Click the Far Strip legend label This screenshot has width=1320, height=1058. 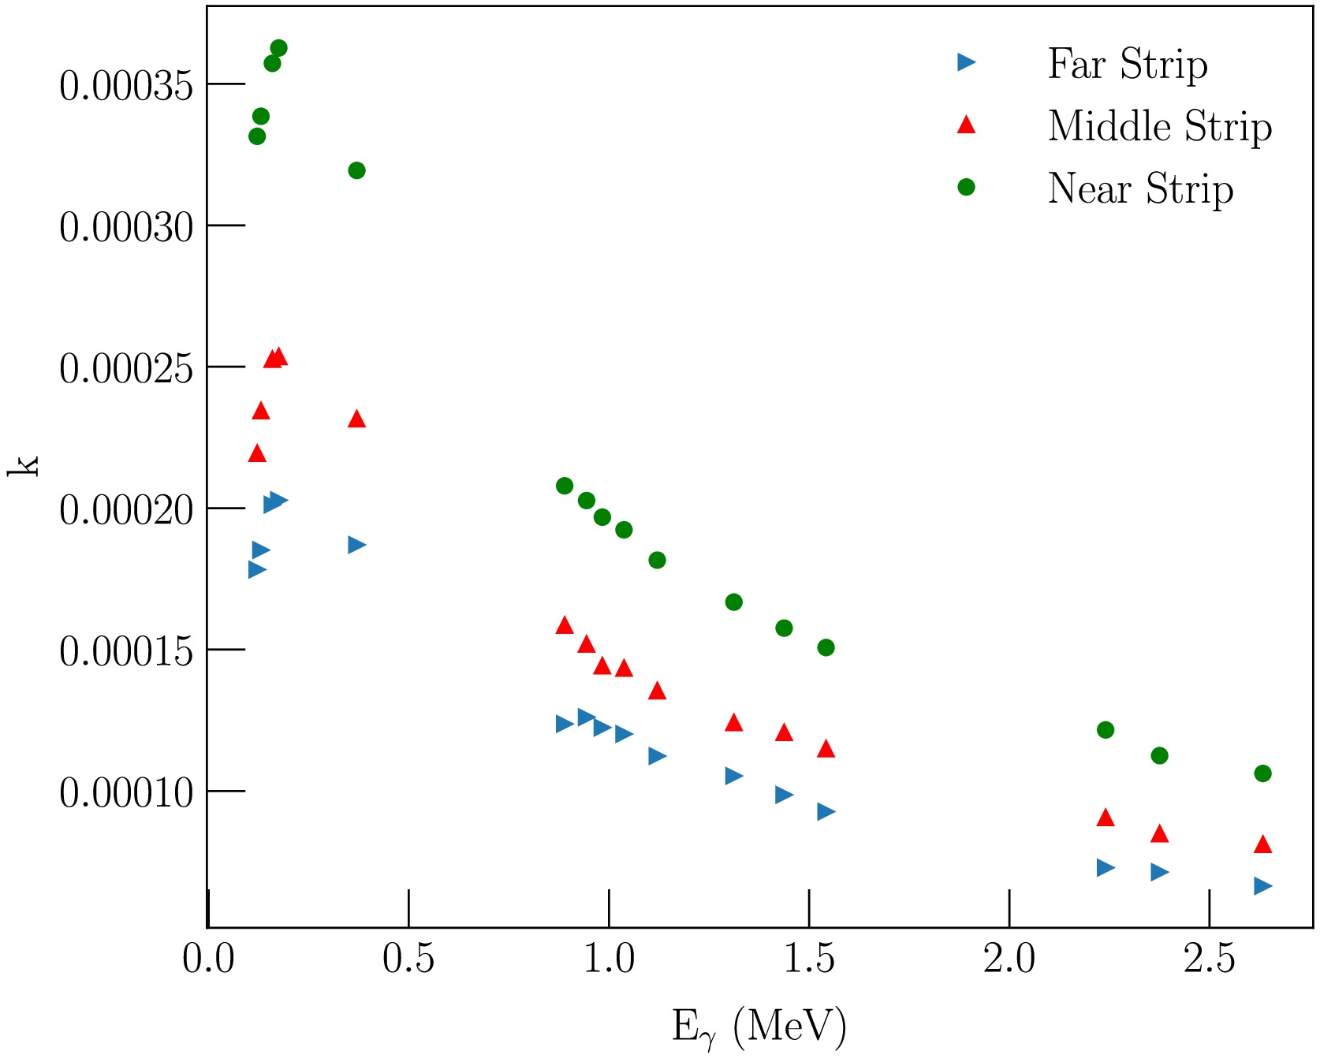[1127, 64]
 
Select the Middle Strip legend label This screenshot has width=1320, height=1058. [1159, 126]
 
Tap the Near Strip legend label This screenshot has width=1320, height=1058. [1140, 188]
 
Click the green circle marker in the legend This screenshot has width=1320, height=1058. [966, 187]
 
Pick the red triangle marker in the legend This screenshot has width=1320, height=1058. [966, 125]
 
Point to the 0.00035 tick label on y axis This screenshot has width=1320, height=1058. [126, 85]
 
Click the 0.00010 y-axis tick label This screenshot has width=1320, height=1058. [126, 792]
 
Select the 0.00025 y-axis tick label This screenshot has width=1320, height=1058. [126, 368]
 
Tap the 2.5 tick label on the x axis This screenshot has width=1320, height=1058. [1209, 959]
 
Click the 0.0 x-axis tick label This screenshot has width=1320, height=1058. [208, 959]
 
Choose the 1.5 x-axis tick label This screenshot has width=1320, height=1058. [809, 959]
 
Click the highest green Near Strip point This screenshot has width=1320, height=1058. [278, 48]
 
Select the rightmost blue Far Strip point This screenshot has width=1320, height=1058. [1262, 886]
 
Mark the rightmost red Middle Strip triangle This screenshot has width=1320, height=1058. [1262, 844]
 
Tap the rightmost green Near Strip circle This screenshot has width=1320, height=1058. [1262, 773]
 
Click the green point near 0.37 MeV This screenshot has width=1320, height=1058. [356, 170]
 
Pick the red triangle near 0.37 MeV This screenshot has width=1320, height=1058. [356, 419]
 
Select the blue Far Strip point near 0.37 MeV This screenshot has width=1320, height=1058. [356, 545]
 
